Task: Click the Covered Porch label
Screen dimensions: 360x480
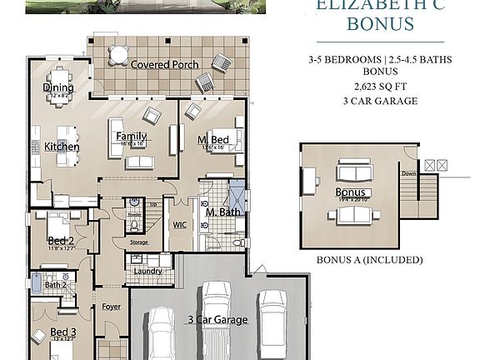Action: [163, 65]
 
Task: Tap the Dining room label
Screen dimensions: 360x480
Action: [58, 87]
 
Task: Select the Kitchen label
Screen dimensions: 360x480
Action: [62, 147]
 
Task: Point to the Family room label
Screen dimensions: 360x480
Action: [132, 137]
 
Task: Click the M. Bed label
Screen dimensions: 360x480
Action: [213, 139]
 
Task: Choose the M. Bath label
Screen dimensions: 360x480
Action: [222, 212]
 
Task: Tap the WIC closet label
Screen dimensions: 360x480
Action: [180, 223]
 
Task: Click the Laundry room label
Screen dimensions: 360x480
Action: [147, 271]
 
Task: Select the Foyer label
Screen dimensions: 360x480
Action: [111, 307]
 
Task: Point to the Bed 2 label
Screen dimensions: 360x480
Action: [61, 240]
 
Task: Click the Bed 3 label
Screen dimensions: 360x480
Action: [63, 332]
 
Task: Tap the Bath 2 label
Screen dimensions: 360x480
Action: [55, 285]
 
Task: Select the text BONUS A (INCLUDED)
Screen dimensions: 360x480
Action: [369, 259]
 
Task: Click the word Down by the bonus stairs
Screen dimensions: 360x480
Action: [408, 174]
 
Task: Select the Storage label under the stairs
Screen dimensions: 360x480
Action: [139, 242]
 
